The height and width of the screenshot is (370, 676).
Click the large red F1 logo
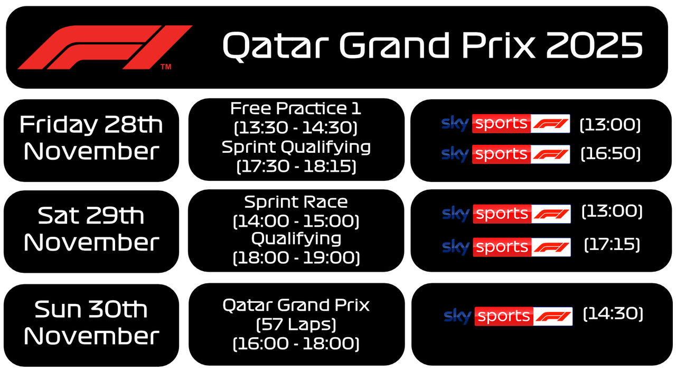[105, 47]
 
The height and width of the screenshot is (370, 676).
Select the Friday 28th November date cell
[91, 138]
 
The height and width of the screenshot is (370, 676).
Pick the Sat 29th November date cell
[91, 229]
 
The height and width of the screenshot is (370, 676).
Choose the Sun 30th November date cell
[91, 322]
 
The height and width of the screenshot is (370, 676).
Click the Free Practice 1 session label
[296, 109]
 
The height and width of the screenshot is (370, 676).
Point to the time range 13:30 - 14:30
[296, 128]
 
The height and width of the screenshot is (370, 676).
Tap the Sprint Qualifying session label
[296, 147]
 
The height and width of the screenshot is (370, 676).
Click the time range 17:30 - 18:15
[296, 166]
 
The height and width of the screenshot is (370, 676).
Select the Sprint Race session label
[296, 202]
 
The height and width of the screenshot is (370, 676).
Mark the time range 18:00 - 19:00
[296, 257]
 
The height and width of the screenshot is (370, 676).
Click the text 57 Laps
[296, 324]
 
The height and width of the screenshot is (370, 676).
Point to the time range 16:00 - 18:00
[296, 344]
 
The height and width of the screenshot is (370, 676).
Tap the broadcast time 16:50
[610, 154]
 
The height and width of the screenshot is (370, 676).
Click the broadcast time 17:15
[612, 245]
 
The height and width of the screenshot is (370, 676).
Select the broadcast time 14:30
[613, 314]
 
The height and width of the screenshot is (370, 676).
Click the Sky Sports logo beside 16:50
[505, 154]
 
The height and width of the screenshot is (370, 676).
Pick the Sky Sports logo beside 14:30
[508, 316]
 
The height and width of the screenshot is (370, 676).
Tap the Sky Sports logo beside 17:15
[506, 247]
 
